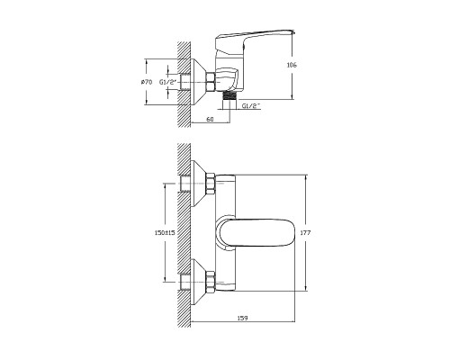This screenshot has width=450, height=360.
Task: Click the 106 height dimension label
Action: [292, 65]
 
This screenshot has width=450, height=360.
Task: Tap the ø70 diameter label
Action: [147, 82]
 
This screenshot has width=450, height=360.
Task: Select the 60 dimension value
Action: [211, 119]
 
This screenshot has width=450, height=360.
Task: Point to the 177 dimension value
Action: [305, 232]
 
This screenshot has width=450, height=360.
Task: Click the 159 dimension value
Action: [242, 318]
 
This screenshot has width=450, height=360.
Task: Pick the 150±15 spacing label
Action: [165, 232]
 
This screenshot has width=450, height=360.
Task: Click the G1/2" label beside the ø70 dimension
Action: [167, 82]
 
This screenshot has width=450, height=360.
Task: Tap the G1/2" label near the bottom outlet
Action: [251, 105]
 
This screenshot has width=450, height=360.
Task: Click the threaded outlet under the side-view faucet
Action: [229, 96]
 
